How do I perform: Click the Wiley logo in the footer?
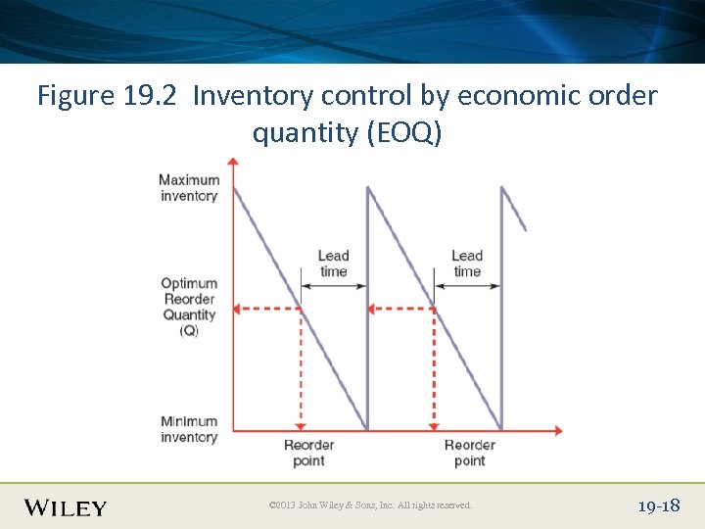[66, 507]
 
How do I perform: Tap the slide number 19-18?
[658, 506]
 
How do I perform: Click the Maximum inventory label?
[189, 188]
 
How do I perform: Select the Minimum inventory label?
[189, 429]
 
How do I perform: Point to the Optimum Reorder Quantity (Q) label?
[189, 307]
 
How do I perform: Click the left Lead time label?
[333, 264]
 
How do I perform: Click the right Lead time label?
[467, 264]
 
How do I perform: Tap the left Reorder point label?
[308, 453]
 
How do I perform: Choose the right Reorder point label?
[469, 453]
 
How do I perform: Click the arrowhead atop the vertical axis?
[232, 162]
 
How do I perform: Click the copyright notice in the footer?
[370, 505]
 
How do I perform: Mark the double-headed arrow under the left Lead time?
[333, 286]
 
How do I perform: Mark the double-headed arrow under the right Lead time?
[467, 286]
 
